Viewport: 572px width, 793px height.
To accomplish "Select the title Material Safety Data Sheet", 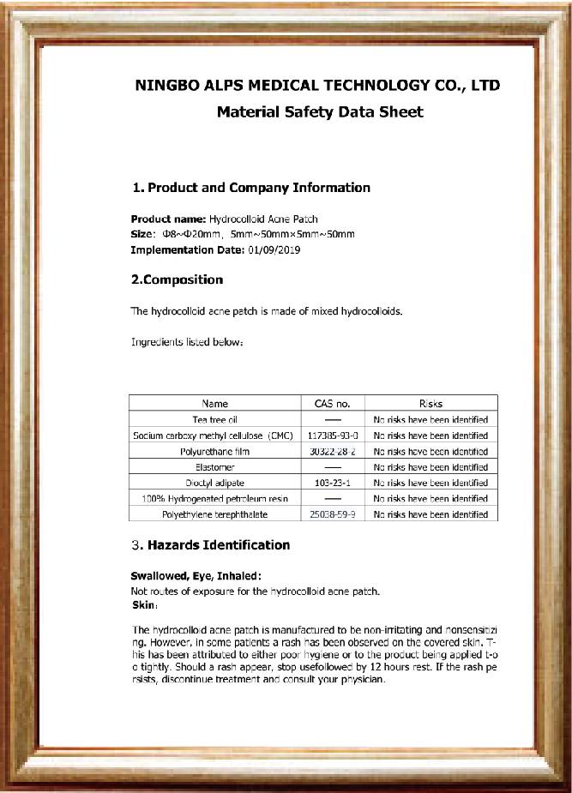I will (320, 111).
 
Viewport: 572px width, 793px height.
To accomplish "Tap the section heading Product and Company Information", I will (251, 188).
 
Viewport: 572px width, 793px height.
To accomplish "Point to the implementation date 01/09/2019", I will (274, 250).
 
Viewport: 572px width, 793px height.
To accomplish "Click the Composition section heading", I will (177, 279).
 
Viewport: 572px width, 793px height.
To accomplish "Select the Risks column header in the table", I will (431, 403).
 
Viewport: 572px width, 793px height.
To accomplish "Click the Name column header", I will (215, 403).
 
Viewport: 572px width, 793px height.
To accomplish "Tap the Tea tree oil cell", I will (215, 419).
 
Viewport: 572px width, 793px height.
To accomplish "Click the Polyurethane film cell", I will (215, 451).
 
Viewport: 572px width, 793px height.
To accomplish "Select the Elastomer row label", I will (215, 467).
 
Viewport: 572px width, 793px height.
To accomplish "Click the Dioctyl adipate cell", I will (215, 483).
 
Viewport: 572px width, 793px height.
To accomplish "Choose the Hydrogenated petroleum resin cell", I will (215, 498).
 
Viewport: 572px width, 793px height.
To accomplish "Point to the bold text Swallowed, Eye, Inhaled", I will (196, 576).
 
